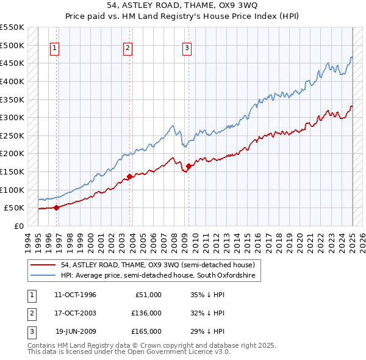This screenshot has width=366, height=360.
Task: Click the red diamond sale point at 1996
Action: (56, 207)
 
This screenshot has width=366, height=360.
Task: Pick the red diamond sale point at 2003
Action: (129, 177)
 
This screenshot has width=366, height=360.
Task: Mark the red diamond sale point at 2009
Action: (188, 166)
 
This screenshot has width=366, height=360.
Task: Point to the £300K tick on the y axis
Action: (12, 117)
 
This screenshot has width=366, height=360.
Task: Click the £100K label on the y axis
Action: (12, 190)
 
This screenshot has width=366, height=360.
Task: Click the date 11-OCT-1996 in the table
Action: (75, 295)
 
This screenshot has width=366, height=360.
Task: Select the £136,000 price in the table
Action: (146, 313)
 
